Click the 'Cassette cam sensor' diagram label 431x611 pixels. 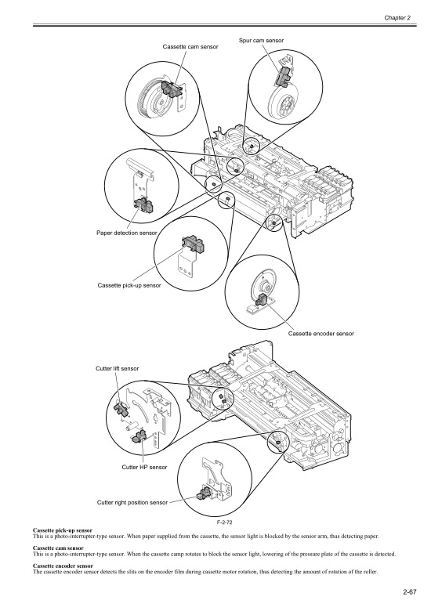pyautogui.click(x=190, y=47)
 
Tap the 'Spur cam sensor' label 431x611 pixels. pyautogui.click(x=261, y=40)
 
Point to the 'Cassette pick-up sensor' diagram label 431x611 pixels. pyautogui.click(x=129, y=285)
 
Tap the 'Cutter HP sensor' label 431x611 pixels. pyautogui.click(x=144, y=467)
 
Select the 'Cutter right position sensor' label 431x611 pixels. pyautogui.click(x=132, y=501)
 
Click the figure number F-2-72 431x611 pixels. pyautogui.click(x=215, y=520)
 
